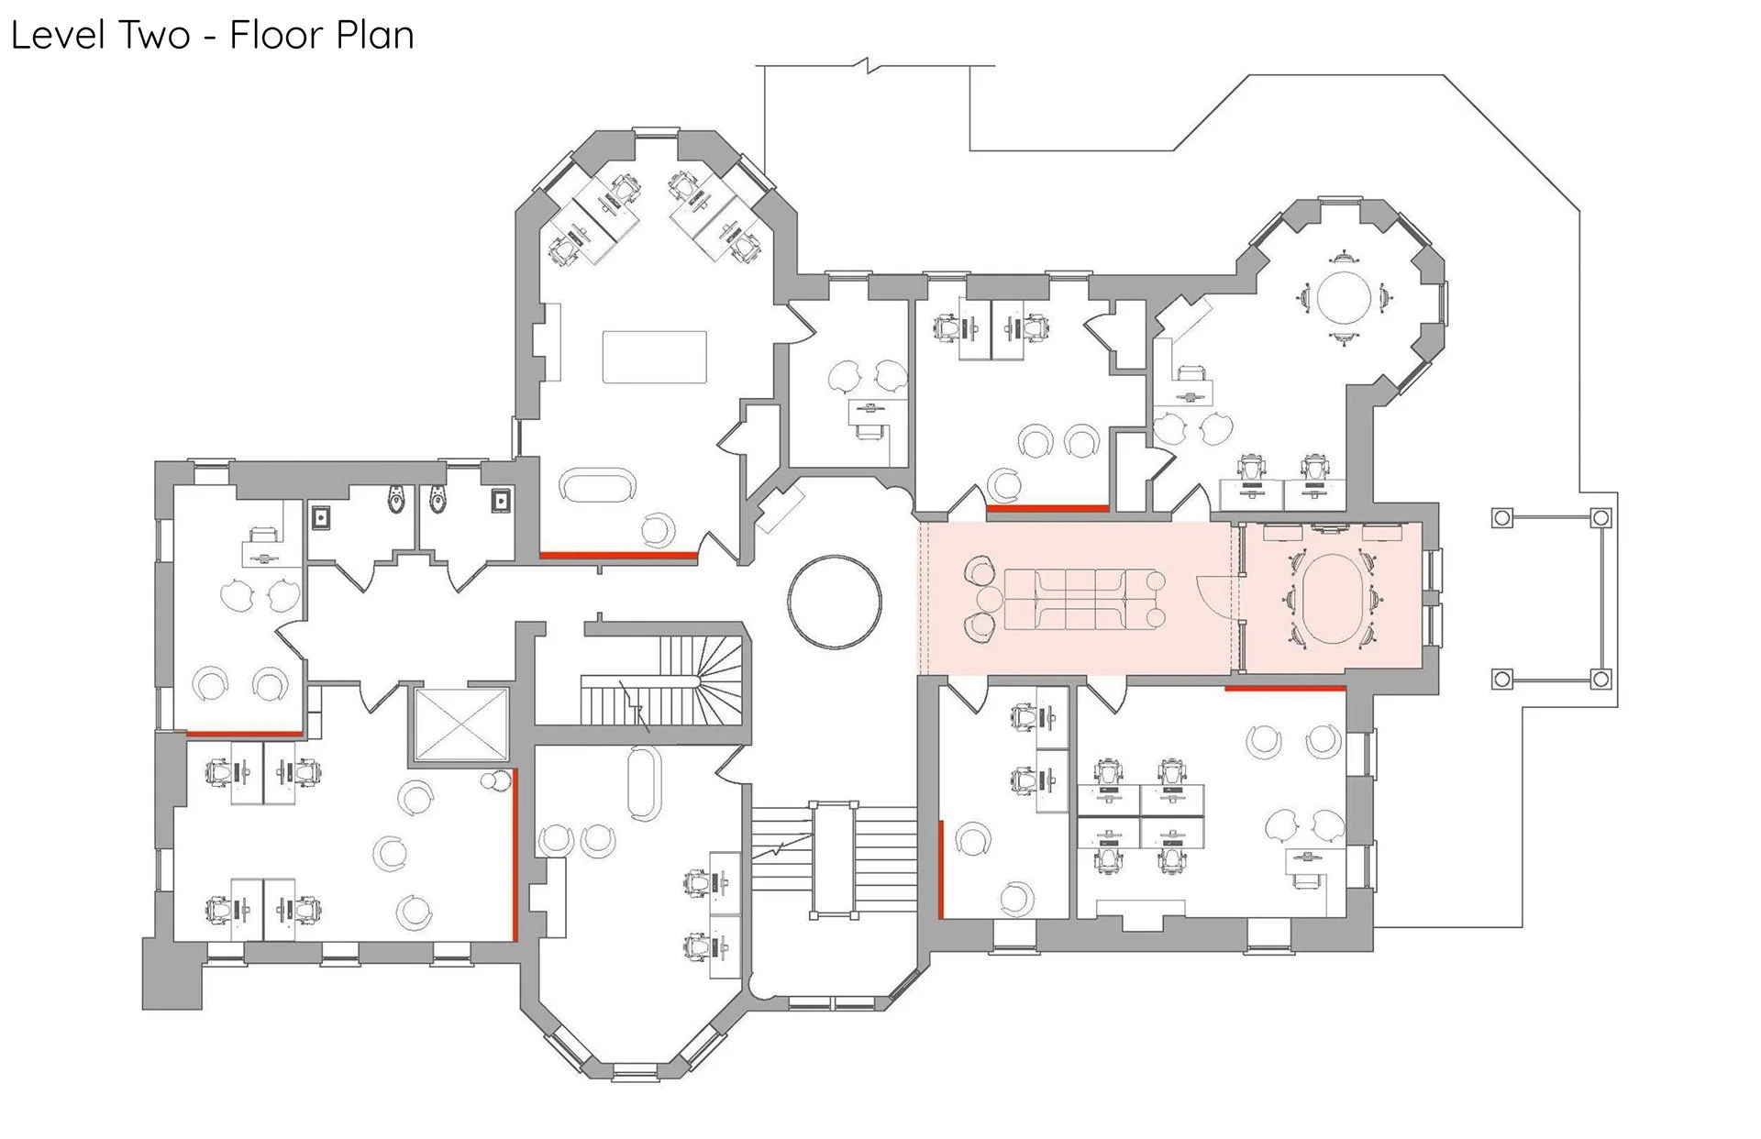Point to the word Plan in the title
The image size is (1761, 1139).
[x=371, y=37]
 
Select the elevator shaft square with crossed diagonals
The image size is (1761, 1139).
[x=461, y=724]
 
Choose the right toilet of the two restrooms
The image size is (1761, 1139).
[x=437, y=499]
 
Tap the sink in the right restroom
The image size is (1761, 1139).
[x=501, y=500]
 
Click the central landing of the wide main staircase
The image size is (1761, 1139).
[x=834, y=860]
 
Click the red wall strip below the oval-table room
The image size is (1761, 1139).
[x=1285, y=688]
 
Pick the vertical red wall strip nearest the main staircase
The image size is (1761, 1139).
[x=941, y=868]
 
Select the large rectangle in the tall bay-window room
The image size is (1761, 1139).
[x=654, y=357]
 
